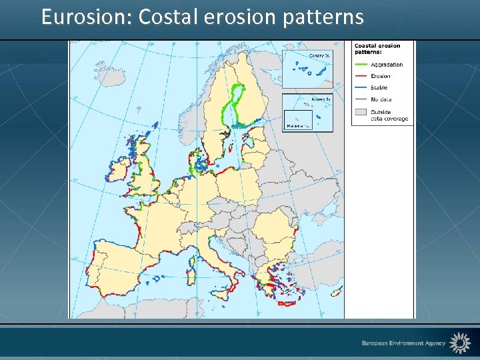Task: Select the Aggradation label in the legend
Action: click(387, 65)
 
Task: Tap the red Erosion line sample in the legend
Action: click(361, 76)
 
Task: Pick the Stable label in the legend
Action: click(379, 87)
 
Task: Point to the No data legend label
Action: click(381, 99)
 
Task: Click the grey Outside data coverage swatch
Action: click(361, 113)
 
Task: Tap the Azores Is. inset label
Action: click(321, 99)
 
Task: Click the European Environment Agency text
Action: click(403, 343)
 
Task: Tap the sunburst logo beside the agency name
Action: click(459, 343)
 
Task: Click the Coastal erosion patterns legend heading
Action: click(377, 49)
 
